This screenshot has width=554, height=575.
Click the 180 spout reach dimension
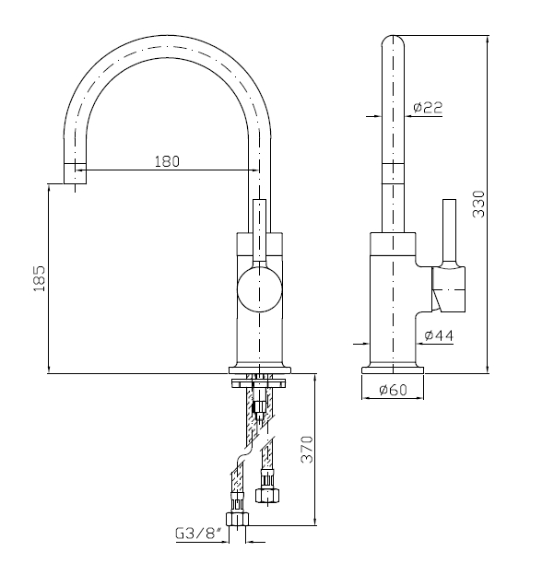(x=167, y=161)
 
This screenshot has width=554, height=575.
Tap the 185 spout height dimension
(x=40, y=278)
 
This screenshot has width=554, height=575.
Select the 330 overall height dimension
(x=478, y=204)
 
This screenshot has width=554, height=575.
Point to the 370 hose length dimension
(x=307, y=450)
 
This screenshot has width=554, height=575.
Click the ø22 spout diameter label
(x=428, y=107)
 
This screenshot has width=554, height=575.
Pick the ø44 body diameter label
(x=439, y=335)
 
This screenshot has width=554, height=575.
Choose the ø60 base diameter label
(x=393, y=390)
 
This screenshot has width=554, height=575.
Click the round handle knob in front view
(x=259, y=289)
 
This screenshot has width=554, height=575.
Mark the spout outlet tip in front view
(x=76, y=173)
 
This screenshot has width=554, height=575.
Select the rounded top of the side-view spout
(x=393, y=42)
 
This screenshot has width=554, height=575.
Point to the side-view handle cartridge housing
(x=448, y=289)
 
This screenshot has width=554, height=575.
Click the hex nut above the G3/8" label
(x=237, y=520)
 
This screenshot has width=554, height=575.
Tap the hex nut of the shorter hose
(x=266, y=496)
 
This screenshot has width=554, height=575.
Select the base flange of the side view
(x=393, y=370)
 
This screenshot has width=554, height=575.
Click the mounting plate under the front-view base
(x=260, y=383)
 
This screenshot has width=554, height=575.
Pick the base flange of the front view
(x=260, y=370)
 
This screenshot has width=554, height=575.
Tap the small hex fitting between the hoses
(x=260, y=406)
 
